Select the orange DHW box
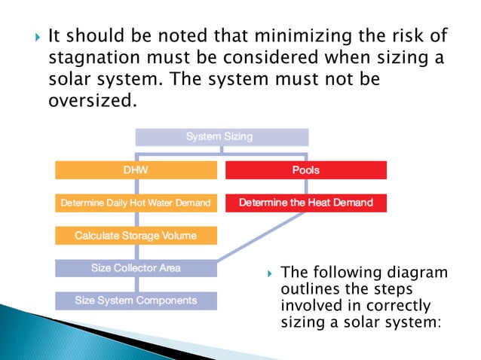pyautogui.click(x=136, y=170)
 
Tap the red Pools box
pyautogui.click(x=305, y=170)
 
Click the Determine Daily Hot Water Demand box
pyautogui.click(x=136, y=203)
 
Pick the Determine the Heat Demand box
pyautogui.click(x=305, y=203)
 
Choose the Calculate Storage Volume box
pyautogui.click(x=136, y=236)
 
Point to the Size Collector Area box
pyautogui.click(x=136, y=268)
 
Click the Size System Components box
pyautogui.click(x=136, y=301)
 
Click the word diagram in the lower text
pyautogui.click(x=413, y=272)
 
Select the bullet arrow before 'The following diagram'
pyautogui.click(x=268, y=273)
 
